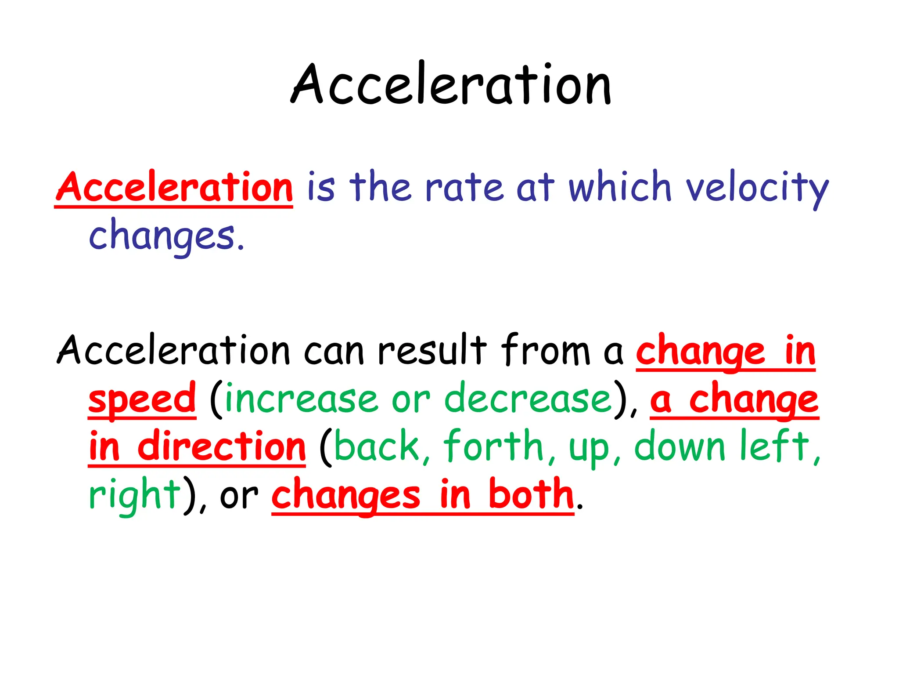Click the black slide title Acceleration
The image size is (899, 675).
click(x=451, y=84)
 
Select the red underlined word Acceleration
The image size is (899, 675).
click(x=174, y=188)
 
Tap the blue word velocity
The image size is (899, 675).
click(x=757, y=188)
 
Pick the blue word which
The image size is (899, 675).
click(x=620, y=188)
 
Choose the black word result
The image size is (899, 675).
click(x=432, y=351)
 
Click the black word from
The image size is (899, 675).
click(x=546, y=351)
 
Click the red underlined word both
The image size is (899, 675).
click(x=531, y=495)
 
